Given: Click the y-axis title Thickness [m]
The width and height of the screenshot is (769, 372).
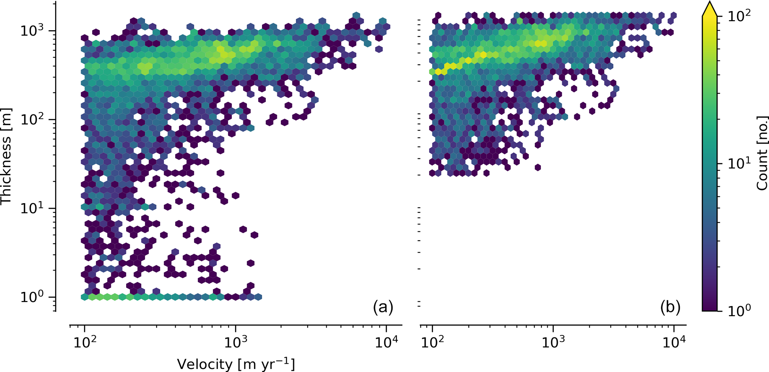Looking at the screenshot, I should click(6, 156).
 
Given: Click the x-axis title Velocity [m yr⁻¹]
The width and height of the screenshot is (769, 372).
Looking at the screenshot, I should click(236, 364).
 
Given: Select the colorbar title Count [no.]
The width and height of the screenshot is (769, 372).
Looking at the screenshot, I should click(762, 153).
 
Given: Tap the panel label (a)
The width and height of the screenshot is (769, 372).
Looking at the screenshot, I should click(383, 307).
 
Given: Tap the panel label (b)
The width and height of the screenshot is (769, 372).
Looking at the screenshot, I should click(670, 307).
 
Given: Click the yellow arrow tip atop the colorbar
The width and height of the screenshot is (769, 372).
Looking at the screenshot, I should click(709, 5).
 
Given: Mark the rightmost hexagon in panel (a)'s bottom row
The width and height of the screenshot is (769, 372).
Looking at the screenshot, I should click(258, 297).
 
